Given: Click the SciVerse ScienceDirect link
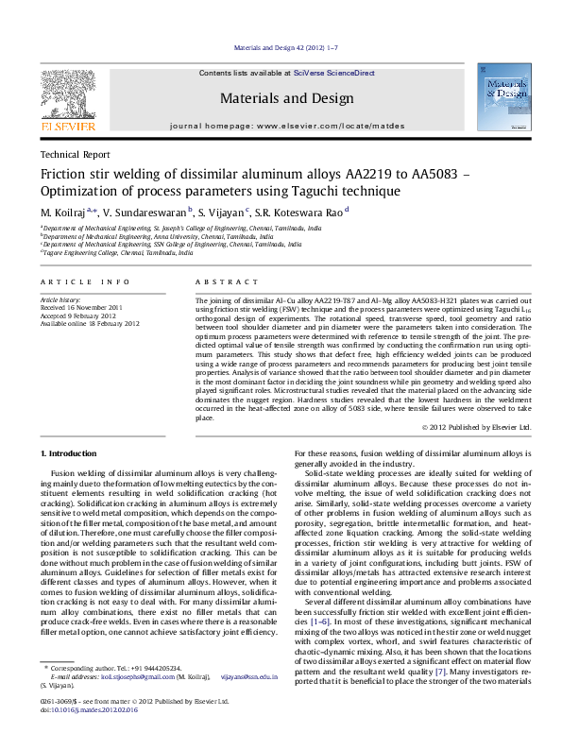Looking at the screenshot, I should point(334,73).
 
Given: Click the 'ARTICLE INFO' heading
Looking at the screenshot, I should point(85,282).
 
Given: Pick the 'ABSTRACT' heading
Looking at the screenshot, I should point(225,282).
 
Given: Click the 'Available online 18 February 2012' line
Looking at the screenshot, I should point(90,323).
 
